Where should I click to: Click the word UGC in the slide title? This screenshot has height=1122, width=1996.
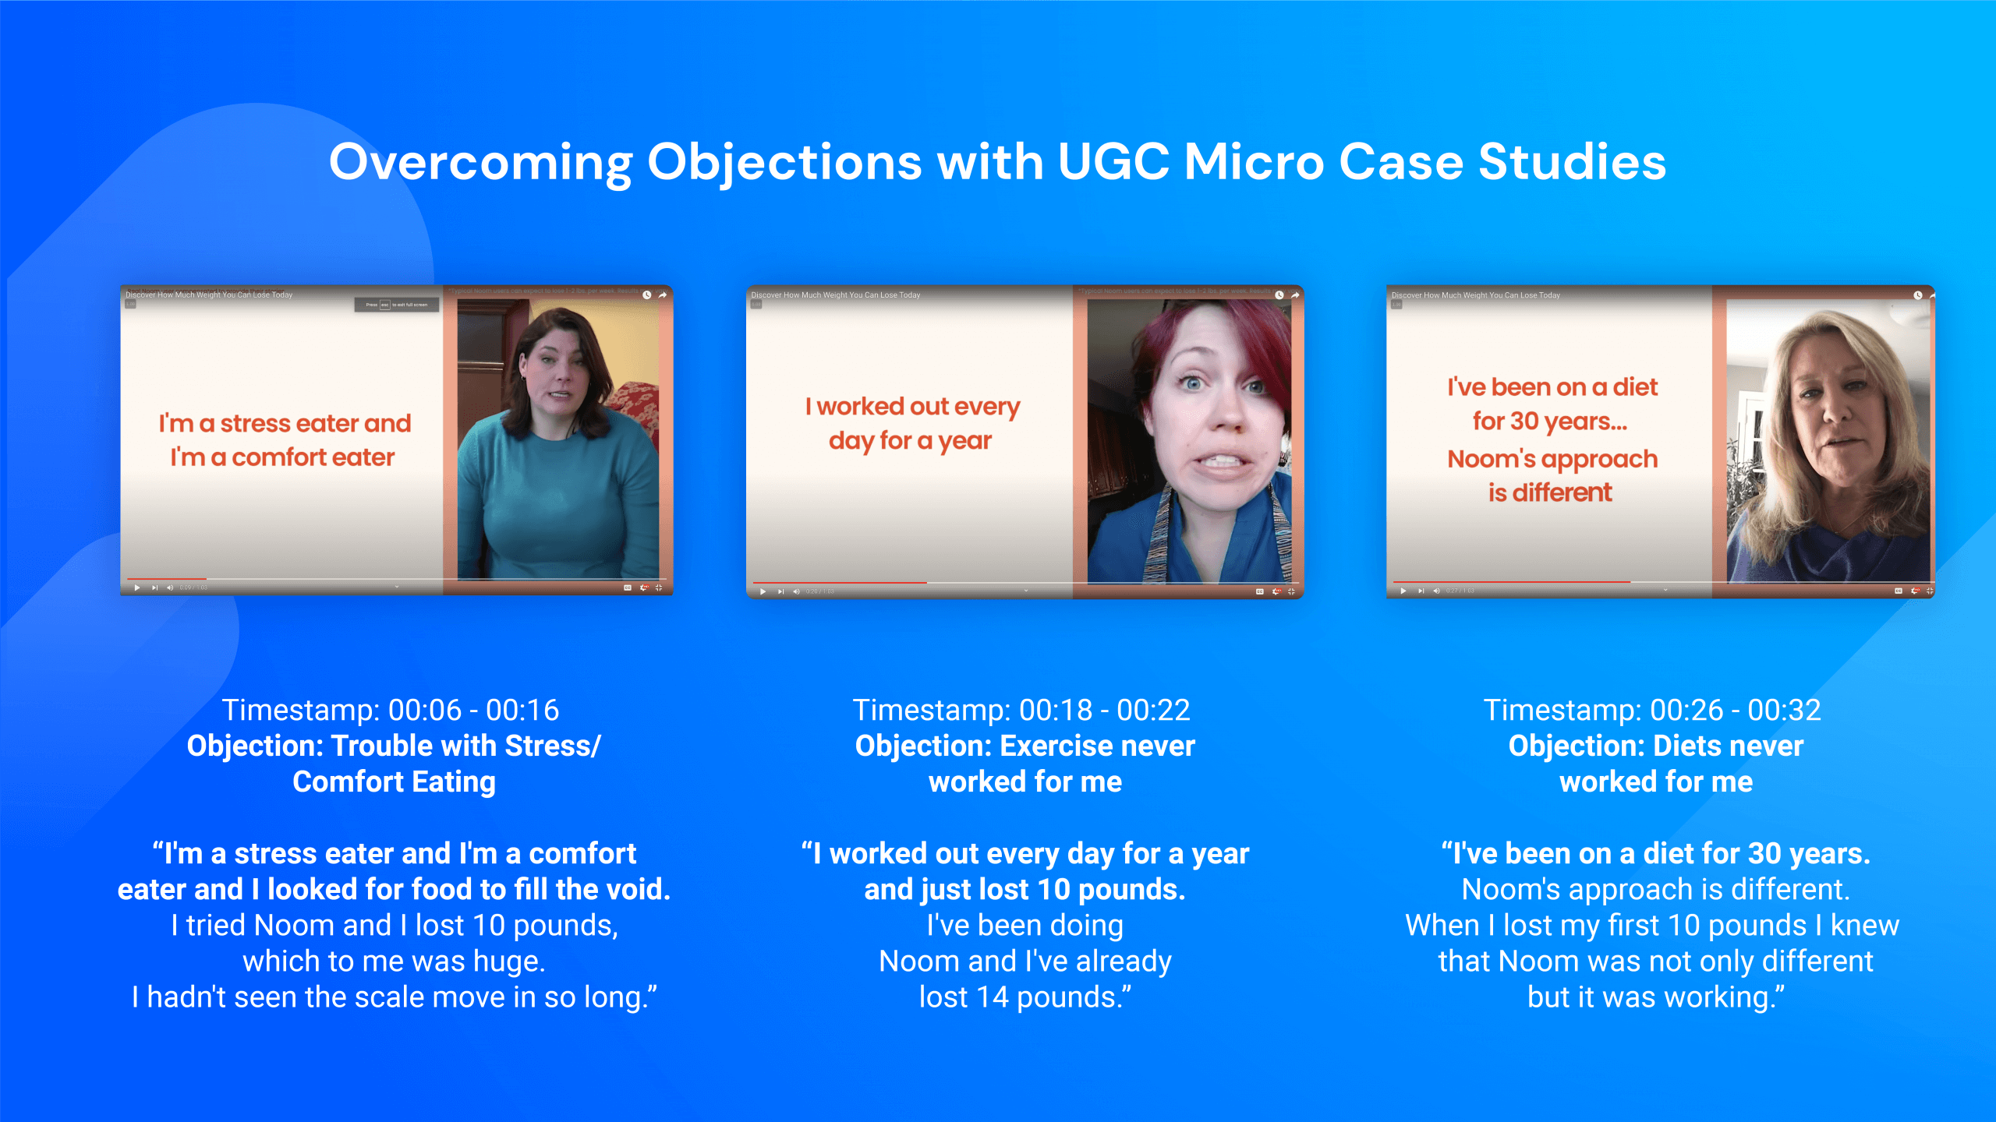tap(1113, 162)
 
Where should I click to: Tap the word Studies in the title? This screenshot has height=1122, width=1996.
tap(1572, 162)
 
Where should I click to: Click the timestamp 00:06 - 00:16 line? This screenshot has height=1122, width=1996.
tap(391, 710)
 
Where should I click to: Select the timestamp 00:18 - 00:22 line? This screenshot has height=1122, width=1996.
tap(1021, 710)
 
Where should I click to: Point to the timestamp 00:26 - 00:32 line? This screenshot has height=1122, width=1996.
tap(1651, 710)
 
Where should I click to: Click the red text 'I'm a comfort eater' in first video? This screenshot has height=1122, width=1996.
tap(282, 457)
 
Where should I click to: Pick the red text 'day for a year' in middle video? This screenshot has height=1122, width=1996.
tap(910, 441)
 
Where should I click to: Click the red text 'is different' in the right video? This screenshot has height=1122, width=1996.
tap(1549, 492)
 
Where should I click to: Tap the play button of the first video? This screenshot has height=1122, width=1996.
tap(137, 587)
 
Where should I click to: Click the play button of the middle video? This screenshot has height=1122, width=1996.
tap(763, 591)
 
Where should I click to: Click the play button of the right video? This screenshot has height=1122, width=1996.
tap(1403, 591)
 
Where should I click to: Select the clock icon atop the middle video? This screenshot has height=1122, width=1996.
tap(1279, 295)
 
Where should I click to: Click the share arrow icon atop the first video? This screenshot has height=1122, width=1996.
tap(663, 295)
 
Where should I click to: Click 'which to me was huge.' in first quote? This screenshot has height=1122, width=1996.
tap(394, 961)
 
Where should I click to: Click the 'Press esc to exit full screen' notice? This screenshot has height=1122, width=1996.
tap(397, 305)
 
